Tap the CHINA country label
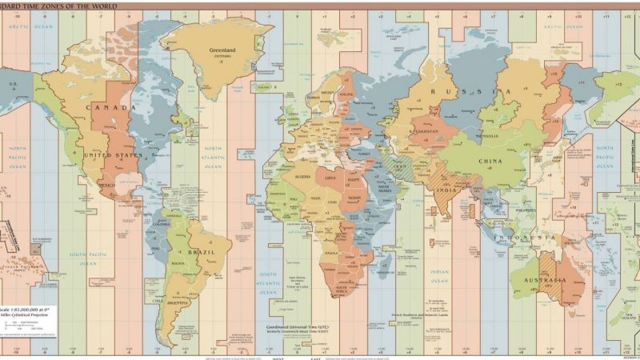pyautogui.click(x=490, y=160)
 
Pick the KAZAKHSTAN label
pyautogui.click(x=423, y=130)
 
